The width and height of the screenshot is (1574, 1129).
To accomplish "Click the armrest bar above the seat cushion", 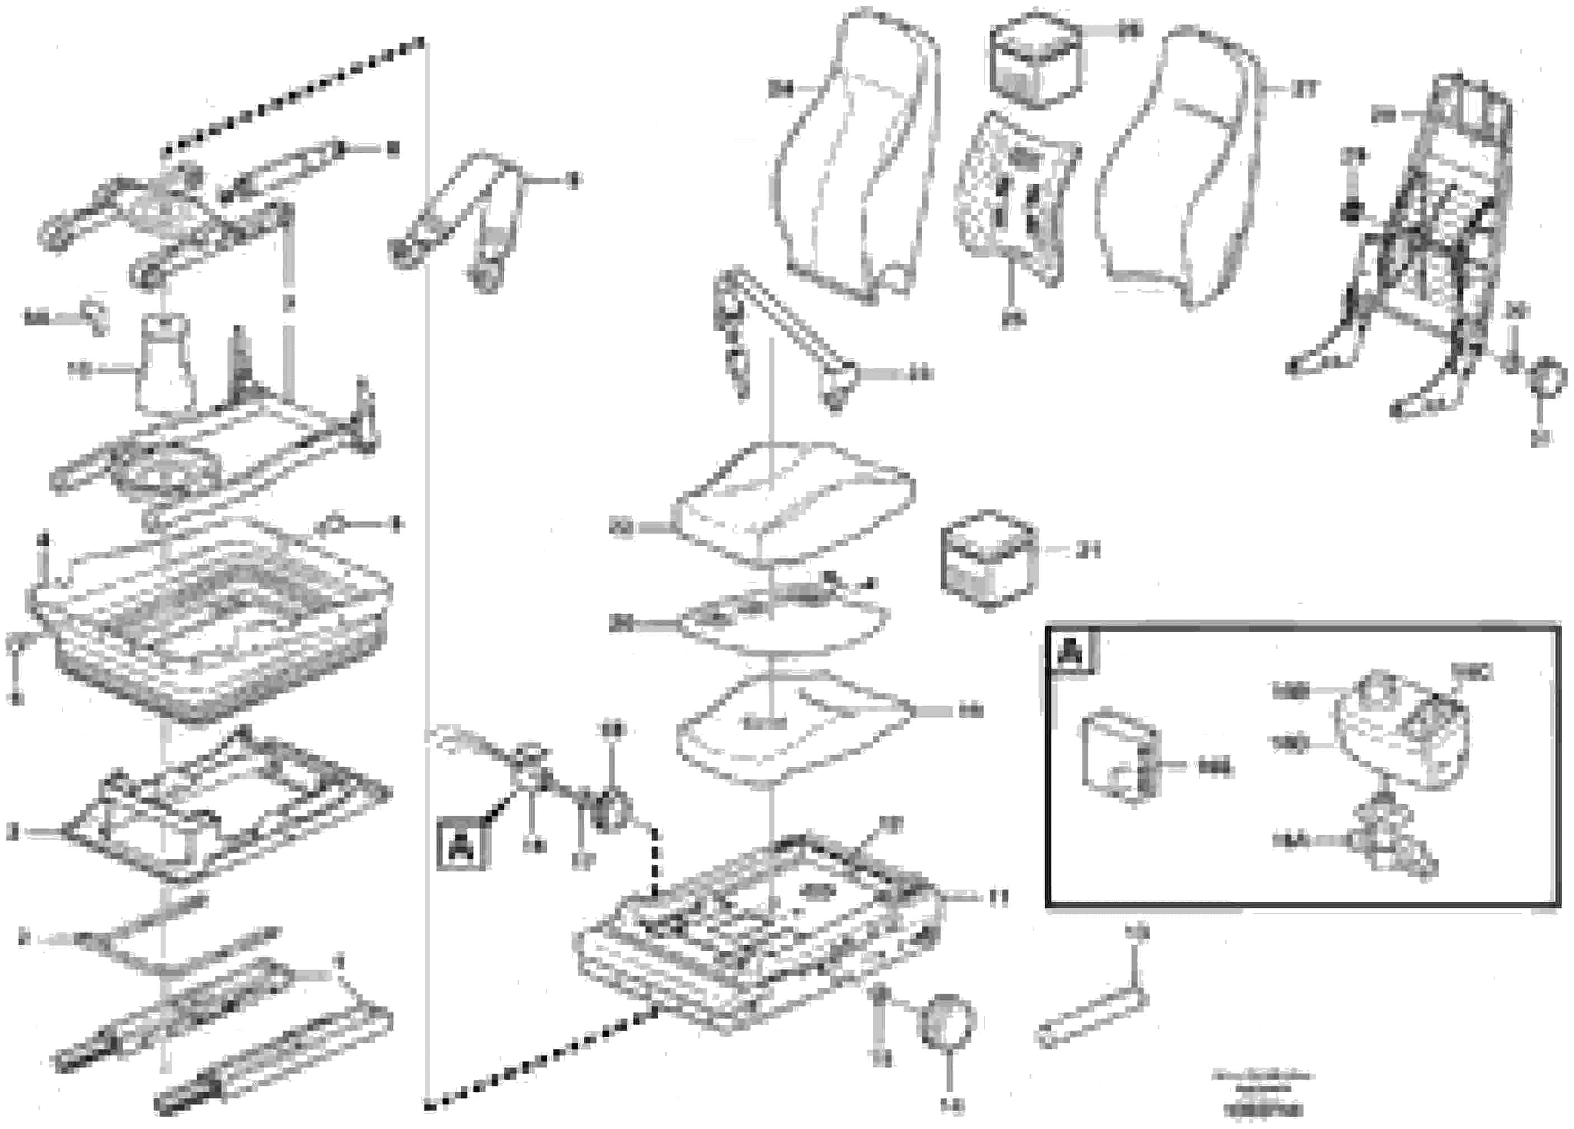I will click(784, 326).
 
